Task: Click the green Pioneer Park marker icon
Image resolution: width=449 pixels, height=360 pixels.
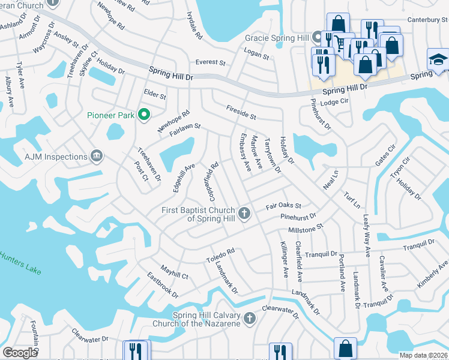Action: (x=143, y=114)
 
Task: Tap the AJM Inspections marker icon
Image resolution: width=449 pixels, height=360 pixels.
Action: (x=95, y=157)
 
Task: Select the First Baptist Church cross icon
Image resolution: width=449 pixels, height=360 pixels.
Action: (x=244, y=213)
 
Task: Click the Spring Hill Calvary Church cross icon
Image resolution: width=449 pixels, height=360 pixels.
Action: (x=250, y=319)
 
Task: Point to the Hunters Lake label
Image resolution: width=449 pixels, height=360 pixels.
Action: (x=20, y=263)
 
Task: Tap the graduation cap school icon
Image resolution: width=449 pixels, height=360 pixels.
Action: (x=438, y=60)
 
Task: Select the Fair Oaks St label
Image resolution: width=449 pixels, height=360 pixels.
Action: (x=283, y=206)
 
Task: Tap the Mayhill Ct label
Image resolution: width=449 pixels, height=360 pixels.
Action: (x=174, y=272)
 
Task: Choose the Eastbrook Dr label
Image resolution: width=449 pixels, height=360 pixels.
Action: (x=163, y=285)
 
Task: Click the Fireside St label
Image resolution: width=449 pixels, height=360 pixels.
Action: (x=241, y=112)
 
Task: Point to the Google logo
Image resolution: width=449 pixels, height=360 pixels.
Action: (x=20, y=352)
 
